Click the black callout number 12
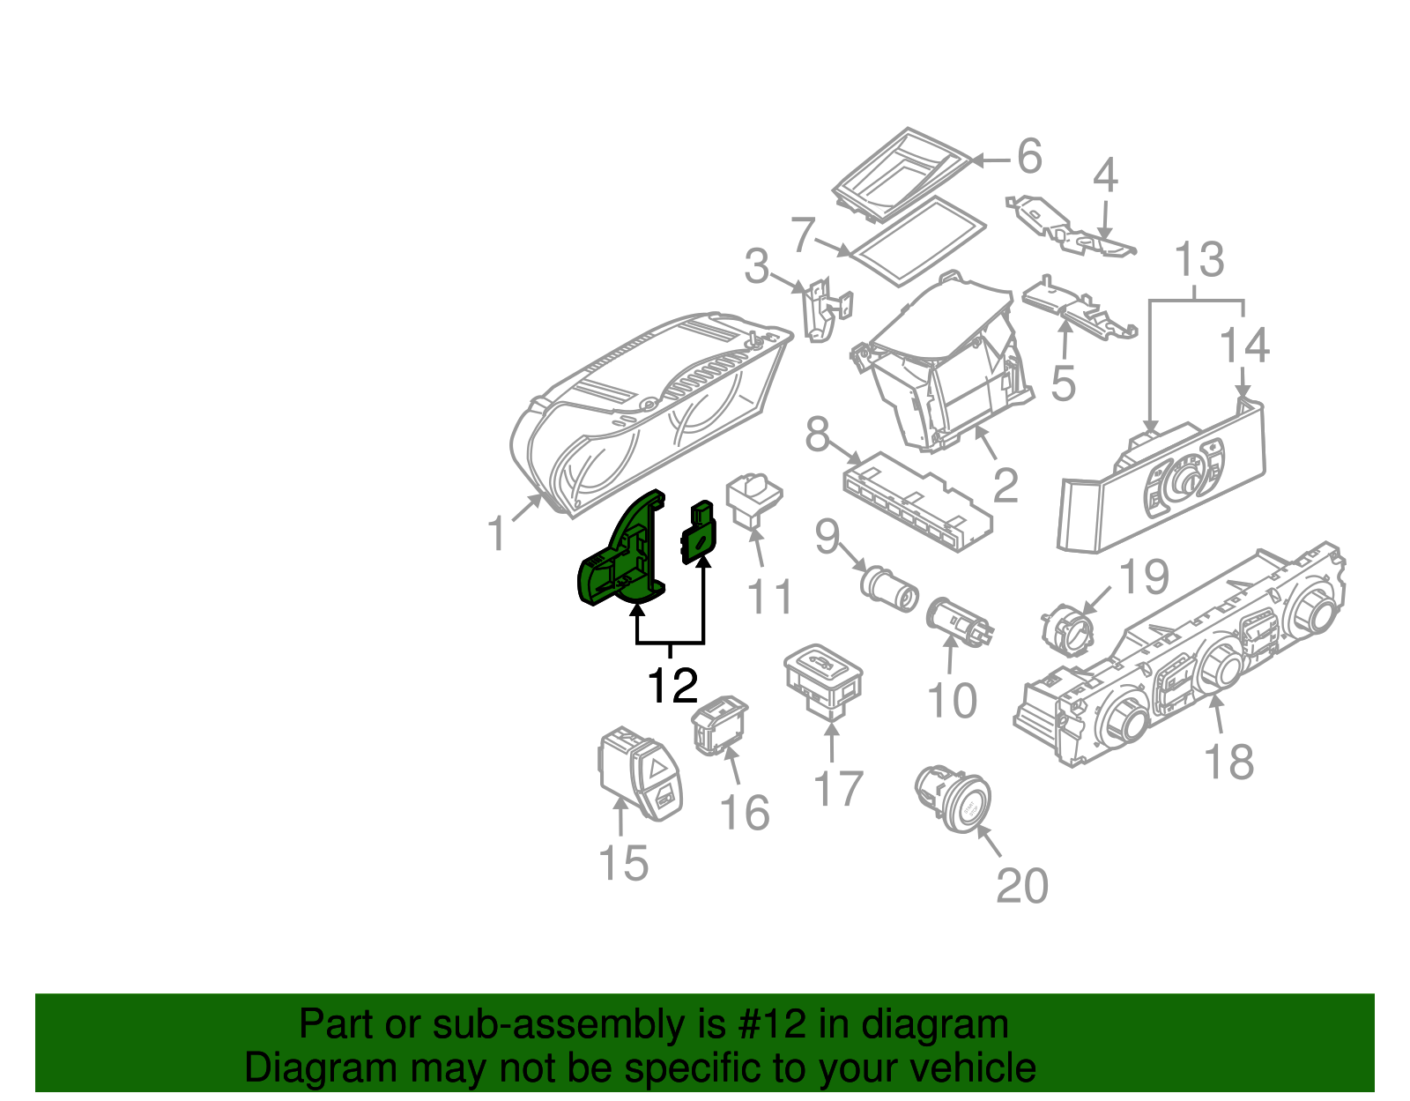point(672,686)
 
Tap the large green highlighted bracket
point(622,555)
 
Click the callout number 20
point(1022,886)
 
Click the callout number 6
point(1029,157)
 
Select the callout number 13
point(1199,259)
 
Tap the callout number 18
point(1228,762)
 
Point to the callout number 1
point(498,532)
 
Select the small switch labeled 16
point(720,725)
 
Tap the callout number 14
point(1243,345)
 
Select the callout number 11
point(769,597)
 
